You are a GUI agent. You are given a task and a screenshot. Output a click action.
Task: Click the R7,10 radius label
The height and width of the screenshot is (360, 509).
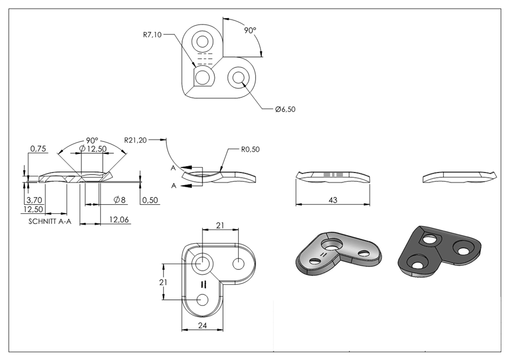[152, 35]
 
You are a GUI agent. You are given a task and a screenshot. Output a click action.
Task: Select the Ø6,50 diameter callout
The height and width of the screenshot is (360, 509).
[286, 109]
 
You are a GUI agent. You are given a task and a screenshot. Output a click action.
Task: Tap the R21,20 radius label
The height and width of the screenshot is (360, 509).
[135, 140]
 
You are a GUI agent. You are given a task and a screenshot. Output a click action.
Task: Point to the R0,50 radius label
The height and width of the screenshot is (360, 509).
[250, 150]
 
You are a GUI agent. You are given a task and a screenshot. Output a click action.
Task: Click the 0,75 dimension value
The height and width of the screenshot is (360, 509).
[38, 149]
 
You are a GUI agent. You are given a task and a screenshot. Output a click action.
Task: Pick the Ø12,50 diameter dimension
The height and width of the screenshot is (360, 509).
[93, 148]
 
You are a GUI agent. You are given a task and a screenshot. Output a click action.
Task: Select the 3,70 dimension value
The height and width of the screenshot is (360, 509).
[34, 200]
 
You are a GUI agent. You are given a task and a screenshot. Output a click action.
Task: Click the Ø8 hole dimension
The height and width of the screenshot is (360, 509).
[120, 200]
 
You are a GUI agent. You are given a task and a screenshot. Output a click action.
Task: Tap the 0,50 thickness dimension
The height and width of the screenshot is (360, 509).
[150, 200]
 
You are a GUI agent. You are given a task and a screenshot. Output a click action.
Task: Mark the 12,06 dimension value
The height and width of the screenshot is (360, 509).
[119, 220]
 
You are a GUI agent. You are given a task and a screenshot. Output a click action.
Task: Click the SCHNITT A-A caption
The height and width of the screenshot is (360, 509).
[50, 221]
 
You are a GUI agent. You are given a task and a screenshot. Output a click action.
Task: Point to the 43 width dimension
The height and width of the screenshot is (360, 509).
[333, 200]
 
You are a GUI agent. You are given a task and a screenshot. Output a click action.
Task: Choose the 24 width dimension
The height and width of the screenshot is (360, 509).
[202, 325]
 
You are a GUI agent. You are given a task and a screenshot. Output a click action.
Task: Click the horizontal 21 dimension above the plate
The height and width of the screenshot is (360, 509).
[220, 225]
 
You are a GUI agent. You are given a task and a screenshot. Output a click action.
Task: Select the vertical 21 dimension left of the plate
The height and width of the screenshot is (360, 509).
[163, 282]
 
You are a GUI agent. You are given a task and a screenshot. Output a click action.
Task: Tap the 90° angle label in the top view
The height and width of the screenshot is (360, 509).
[250, 30]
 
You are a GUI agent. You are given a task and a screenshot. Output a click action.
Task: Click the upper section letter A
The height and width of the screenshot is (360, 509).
[174, 168]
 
